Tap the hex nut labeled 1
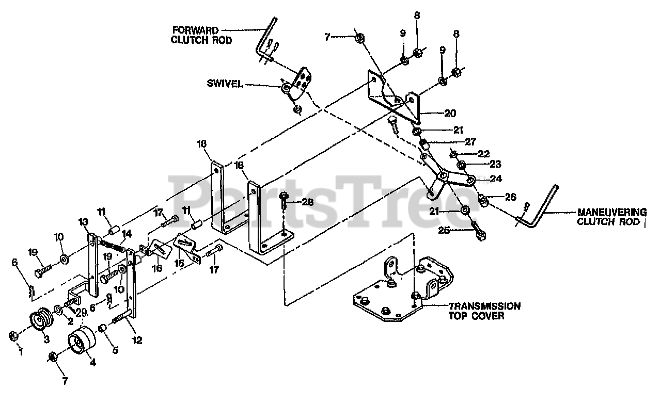(14, 336)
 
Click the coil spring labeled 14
(113, 244)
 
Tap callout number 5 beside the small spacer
(115, 350)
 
